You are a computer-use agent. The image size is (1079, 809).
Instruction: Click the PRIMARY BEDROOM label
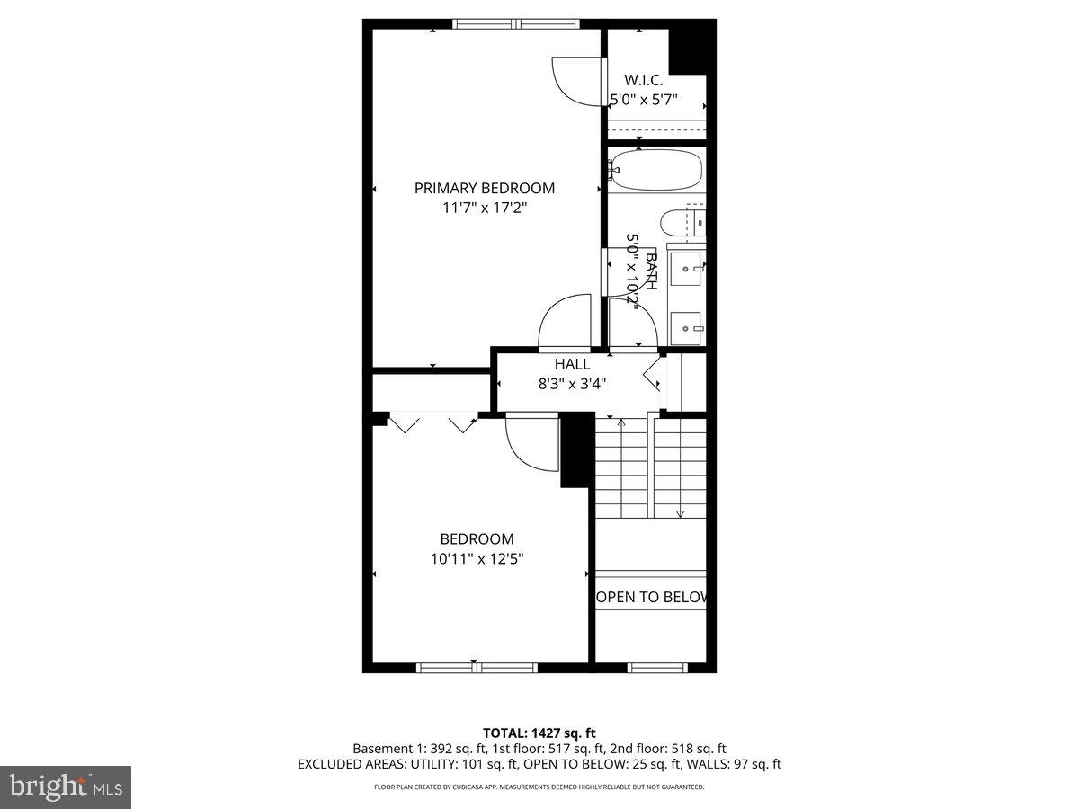pos(484,188)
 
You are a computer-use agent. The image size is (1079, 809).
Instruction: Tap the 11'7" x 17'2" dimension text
pos(484,208)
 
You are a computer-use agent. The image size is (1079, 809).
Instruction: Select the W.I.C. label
pos(643,80)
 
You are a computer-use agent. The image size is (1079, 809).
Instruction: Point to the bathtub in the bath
pos(655,170)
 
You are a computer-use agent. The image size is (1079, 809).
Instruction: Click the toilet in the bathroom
pos(681,222)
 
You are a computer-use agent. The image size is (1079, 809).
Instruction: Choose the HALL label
pos(572,364)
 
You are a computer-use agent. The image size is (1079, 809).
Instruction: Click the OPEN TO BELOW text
pos(652,597)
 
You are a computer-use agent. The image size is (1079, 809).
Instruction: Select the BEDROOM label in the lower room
pos(477,539)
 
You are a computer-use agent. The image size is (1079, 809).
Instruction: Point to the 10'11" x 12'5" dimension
pos(477,558)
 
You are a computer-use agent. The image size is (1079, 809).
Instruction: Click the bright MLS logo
pos(66,787)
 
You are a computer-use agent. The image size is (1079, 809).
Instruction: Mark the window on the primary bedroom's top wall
pos(516,24)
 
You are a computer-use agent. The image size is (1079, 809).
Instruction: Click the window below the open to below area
pos(656,668)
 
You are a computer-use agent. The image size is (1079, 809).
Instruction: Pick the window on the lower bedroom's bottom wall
pos(477,668)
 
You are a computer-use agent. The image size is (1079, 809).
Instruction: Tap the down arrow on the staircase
pos(680,513)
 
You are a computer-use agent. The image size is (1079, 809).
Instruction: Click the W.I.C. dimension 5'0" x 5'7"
pos(643,100)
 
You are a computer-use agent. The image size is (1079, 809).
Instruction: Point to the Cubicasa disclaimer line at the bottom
pos(539,787)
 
